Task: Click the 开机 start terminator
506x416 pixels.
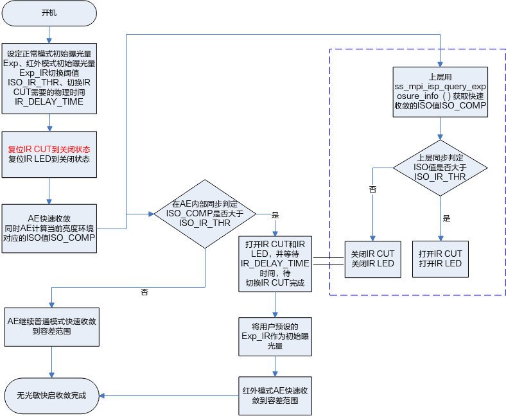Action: tap(49, 13)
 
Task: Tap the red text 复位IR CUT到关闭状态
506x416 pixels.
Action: tap(49, 149)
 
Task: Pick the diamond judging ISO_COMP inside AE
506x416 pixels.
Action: tap(205, 214)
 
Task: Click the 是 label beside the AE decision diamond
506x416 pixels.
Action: tap(275, 214)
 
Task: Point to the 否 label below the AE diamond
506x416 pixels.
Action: tap(144, 293)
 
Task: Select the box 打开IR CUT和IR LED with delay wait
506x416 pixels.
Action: tap(275, 263)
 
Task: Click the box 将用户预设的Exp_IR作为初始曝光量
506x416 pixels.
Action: tap(275, 336)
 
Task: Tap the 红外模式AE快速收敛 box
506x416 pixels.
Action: tap(275, 395)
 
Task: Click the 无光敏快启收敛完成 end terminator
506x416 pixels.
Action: tap(51, 395)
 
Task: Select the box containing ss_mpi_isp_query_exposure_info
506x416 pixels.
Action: tap(440, 91)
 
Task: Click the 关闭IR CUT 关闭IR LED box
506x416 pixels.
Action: tap(372, 259)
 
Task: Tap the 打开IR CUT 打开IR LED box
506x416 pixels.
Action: tap(440, 259)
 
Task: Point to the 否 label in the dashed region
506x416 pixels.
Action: tap(372, 190)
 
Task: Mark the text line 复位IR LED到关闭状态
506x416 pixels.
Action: tap(49, 159)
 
